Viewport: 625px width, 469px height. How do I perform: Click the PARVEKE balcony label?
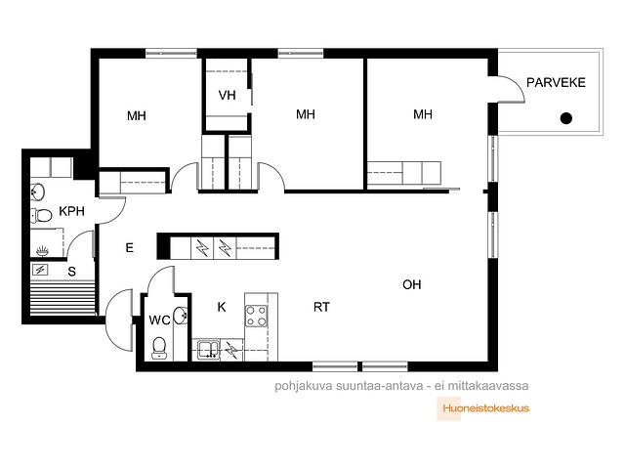coord(556,82)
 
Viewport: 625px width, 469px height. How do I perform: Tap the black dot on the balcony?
coord(566,118)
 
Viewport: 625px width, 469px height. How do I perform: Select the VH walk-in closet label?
coord(227,95)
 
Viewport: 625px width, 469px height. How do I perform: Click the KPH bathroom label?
coord(71,211)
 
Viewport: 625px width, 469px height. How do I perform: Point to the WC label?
coord(159,320)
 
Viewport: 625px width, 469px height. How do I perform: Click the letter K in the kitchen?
coord(222,307)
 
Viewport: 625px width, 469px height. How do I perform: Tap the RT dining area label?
coord(321,307)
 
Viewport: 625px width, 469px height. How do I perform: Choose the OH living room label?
coord(412,284)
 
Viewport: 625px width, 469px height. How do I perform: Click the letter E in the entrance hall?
coord(130,247)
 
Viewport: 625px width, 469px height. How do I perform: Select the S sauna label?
coord(71,272)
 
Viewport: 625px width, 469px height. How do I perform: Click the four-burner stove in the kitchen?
coord(256,316)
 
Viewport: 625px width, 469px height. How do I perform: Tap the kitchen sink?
coord(208,350)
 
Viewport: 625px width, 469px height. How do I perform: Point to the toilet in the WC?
coord(159,348)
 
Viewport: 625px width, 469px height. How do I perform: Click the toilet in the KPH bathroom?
coord(41,215)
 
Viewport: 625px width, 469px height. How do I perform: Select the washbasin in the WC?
coord(181,316)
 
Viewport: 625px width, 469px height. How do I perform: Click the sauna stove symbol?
coord(40,270)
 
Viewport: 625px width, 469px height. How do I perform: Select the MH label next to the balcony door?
coord(423,114)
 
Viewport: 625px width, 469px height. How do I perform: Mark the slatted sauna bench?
coord(62,298)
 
